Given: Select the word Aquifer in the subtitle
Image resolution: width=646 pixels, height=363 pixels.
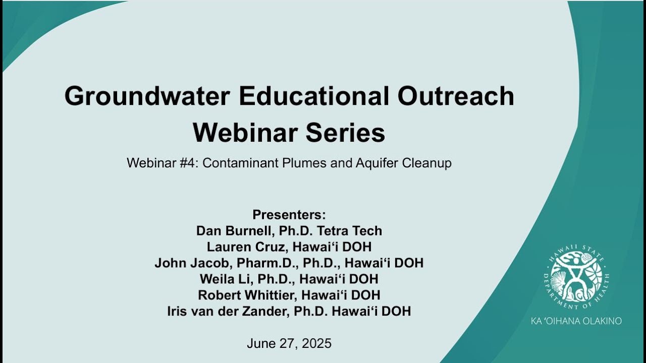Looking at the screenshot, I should (378, 163).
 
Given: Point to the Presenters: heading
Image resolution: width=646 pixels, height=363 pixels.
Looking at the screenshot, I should (289, 215).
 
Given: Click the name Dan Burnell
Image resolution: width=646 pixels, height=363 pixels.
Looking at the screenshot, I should (234, 231).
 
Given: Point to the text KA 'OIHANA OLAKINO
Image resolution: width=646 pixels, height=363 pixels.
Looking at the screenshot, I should (576, 321).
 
